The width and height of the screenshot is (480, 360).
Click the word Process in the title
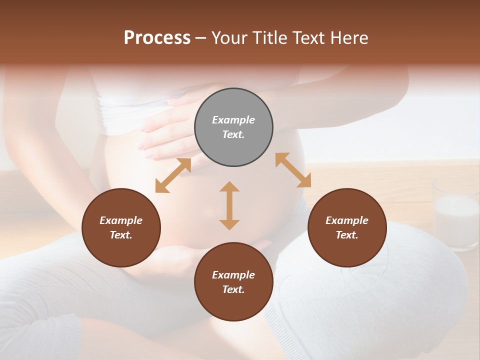[x=157, y=38]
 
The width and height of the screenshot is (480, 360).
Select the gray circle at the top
[x=233, y=127]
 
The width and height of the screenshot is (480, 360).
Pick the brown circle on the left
[x=121, y=227]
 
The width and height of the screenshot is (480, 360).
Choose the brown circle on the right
[x=347, y=227]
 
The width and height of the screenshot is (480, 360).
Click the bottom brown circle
[x=233, y=282]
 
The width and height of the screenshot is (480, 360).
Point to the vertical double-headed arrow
[x=229, y=205]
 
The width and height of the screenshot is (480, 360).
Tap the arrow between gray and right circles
[x=293, y=170]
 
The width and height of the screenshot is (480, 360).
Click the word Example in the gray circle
[x=233, y=120]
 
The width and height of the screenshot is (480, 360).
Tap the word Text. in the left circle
[x=121, y=235]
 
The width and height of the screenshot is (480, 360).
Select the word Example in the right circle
[x=347, y=220]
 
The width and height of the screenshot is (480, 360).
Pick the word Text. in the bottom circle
[x=233, y=289]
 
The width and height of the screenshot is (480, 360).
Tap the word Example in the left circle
[x=121, y=220]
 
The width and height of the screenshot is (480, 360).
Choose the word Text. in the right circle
[x=347, y=235]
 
